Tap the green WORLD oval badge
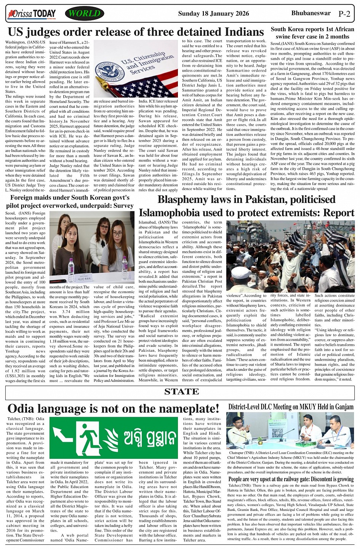click(x=85, y=14)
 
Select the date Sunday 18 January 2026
click(x=213, y=14)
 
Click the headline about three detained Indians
click(x=136, y=32)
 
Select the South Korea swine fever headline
click(x=312, y=33)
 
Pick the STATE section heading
click(x=181, y=391)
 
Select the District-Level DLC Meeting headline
click(x=291, y=407)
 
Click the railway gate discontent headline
click(x=291, y=479)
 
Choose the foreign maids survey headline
click(x=70, y=202)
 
